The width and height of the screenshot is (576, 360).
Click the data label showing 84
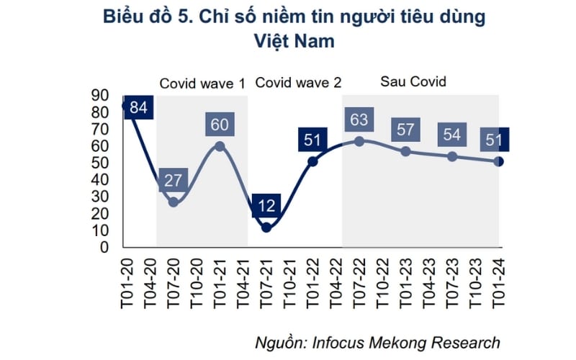[x=138, y=108]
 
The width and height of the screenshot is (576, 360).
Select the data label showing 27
[x=173, y=181]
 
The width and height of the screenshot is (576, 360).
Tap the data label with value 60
[x=220, y=125]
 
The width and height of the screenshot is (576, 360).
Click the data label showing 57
[x=405, y=130]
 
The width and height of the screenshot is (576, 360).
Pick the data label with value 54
[x=451, y=135]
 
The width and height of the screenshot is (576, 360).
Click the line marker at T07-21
[x=266, y=228]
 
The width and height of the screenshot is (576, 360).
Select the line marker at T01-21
[x=220, y=146]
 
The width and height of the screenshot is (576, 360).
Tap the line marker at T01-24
[x=498, y=161]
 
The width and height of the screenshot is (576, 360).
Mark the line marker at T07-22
[x=359, y=141]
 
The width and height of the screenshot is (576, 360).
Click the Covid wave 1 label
[x=202, y=83]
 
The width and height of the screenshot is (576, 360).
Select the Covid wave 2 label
[x=298, y=82]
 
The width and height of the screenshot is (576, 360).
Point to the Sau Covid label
[x=413, y=81]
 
